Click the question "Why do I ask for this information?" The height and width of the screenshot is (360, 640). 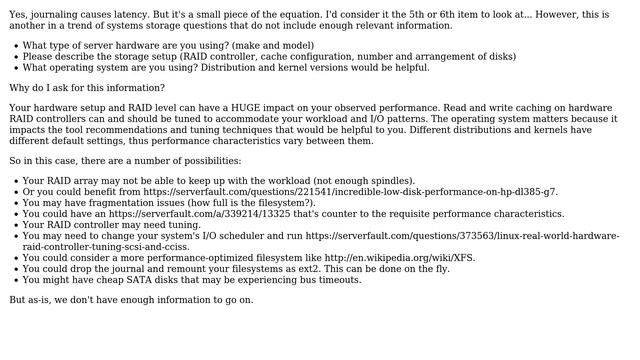tap(87, 88)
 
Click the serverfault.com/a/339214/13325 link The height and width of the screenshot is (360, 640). tap(185, 214)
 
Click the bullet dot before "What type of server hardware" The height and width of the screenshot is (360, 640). tap(15, 47)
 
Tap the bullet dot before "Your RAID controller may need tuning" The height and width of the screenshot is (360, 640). tap(15, 225)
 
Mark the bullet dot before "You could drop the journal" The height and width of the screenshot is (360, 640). tap(15, 269)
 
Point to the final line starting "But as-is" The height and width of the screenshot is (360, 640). tap(131, 300)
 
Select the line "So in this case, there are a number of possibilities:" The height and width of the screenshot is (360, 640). tap(125, 161)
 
